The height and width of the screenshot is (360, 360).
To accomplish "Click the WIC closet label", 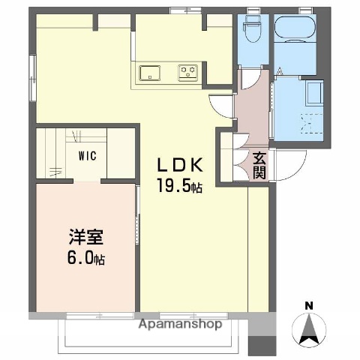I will [88, 157].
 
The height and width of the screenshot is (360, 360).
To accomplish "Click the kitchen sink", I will [149, 73].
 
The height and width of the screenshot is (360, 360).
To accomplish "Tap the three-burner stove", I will [187, 73].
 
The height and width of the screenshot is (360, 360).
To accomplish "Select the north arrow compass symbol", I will [310, 330].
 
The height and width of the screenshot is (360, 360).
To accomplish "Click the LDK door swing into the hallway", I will [223, 106].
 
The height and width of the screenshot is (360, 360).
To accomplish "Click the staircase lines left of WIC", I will [55, 154].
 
